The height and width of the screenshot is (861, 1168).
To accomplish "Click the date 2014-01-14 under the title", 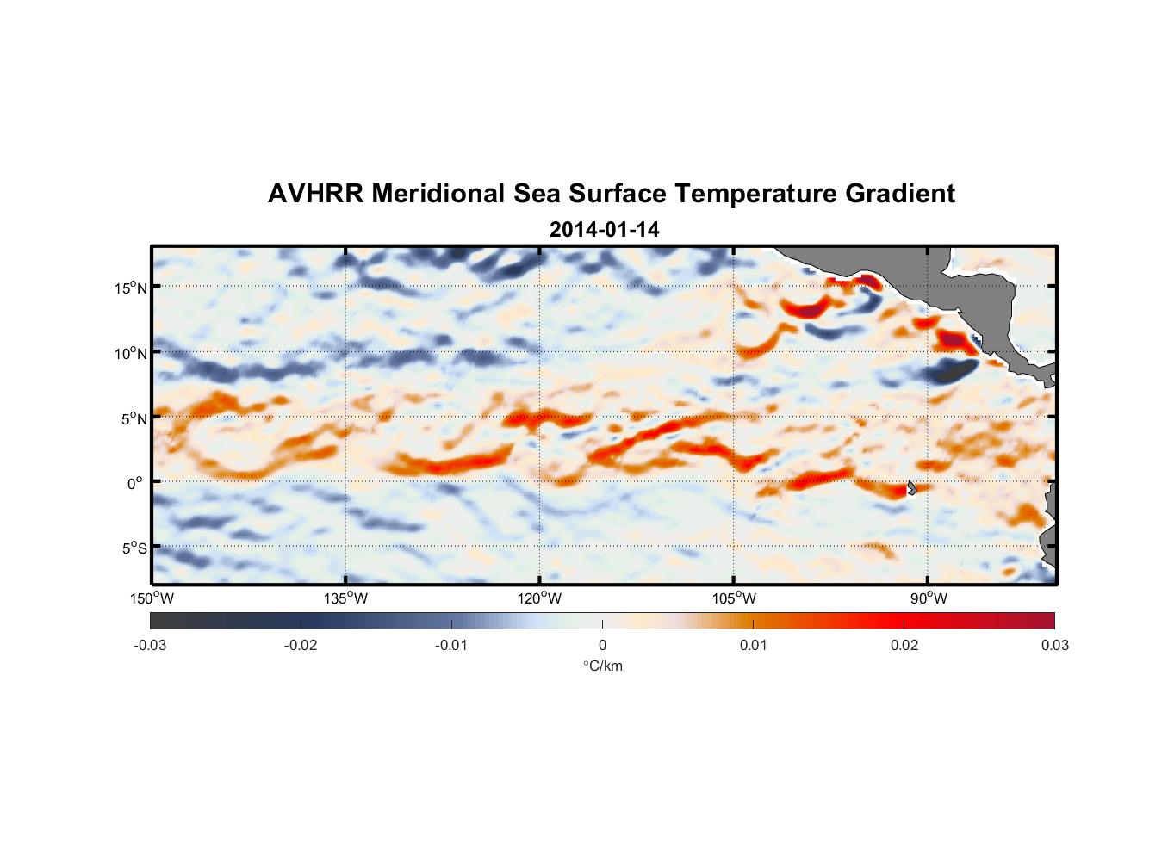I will [x=604, y=230].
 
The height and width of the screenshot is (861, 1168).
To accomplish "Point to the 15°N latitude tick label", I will [x=131, y=288].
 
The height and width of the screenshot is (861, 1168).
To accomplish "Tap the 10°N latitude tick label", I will [x=131, y=353].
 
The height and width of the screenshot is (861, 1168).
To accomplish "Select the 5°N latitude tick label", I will [x=134, y=418].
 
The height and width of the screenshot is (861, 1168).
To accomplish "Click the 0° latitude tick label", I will [x=135, y=483].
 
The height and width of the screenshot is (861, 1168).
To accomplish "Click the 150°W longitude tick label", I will [x=152, y=598].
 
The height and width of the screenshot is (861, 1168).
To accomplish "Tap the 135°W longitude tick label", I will [x=346, y=598].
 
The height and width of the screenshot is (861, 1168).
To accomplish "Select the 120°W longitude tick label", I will [x=540, y=598].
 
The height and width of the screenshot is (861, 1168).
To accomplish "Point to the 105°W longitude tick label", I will [x=734, y=598].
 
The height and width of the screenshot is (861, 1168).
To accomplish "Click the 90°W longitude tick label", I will [x=928, y=598].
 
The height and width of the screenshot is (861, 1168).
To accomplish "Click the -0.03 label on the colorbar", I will [x=150, y=645].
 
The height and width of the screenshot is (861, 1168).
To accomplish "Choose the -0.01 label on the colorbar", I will [x=451, y=645].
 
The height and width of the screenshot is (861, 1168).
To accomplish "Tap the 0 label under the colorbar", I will [x=602, y=645].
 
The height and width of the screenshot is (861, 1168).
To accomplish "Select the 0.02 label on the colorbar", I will [x=904, y=645].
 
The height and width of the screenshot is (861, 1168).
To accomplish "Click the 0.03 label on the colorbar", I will [x=1054, y=645].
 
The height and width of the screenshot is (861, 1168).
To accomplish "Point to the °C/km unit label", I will [x=603, y=666].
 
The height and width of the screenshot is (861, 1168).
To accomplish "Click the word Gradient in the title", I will [x=899, y=194].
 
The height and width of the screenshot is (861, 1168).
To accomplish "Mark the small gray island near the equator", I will [x=911, y=488].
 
